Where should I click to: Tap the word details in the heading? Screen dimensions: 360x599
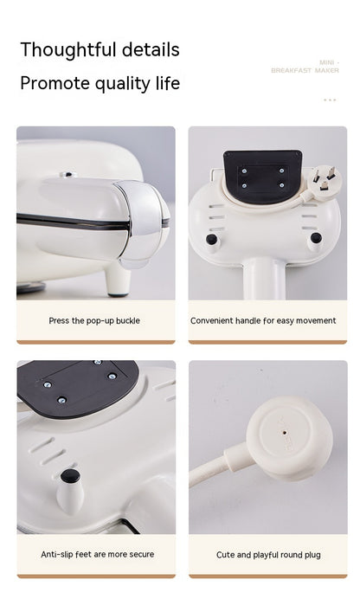pyautogui.click(x=151, y=49)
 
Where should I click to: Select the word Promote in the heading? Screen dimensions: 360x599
pyautogui.click(x=55, y=83)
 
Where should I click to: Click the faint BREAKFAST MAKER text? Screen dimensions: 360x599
pyautogui.click(x=305, y=70)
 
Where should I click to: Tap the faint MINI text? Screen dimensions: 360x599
pyautogui.click(x=327, y=62)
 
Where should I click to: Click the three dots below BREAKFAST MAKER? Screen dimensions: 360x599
pyautogui.click(x=330, y=100)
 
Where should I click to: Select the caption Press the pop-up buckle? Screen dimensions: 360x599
pyautogui.click(x=94, y=320)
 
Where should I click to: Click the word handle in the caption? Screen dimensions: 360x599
pyautogui.click(x=247, y=320)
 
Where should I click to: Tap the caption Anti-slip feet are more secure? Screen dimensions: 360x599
pyautogui.click(x=97, y=554)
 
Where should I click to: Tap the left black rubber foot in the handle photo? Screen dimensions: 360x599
pyautogui.click(x=211, y=240)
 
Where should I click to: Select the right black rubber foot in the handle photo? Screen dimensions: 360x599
pyautogui.click(x=316, y=238)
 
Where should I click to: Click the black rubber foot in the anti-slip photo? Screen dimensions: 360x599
pyautogui.click(x=70, y=476)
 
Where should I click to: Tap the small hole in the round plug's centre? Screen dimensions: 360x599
pyautogui.click(x=285, y=433)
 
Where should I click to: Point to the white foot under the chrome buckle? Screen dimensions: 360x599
pyautogui.click(x=118, y=279)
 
